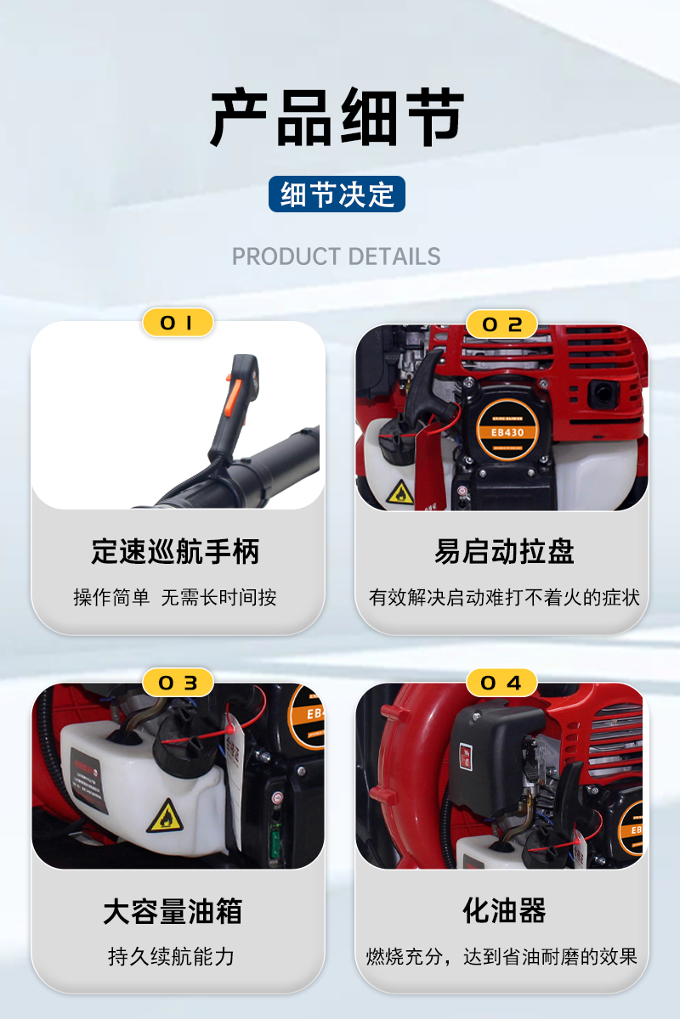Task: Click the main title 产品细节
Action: pyautogui.click(x=337, y=116)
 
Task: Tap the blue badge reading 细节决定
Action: pyautogui.click(x=337, y=194)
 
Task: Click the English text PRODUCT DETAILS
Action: pyautogui.click(x=337, y=256)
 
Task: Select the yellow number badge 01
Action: pyautogui.click(x=178, y=323)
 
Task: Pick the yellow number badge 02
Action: pyautogui.click(x=501, y=324)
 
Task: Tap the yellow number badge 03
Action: pyautogui.click(x=178, y=683)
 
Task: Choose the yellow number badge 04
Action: pyautogui.click(x=501, y=683)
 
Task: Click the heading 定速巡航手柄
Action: pyautogui.click(x=175, y=551)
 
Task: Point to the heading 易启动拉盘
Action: pyautogui.click(x=504, y=551)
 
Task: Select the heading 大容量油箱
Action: pyautogui.click(x=173, y=911)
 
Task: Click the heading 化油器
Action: pyautogui.click(x=504, y=910)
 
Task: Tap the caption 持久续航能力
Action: pyautogui.click(x=171, y=957)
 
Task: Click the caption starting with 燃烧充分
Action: pyautogui.click(x=501, y=957)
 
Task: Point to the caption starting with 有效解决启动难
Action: pyautogui.click(x=504, y=597)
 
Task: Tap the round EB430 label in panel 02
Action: pyautogui.click(x=507, y=431)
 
